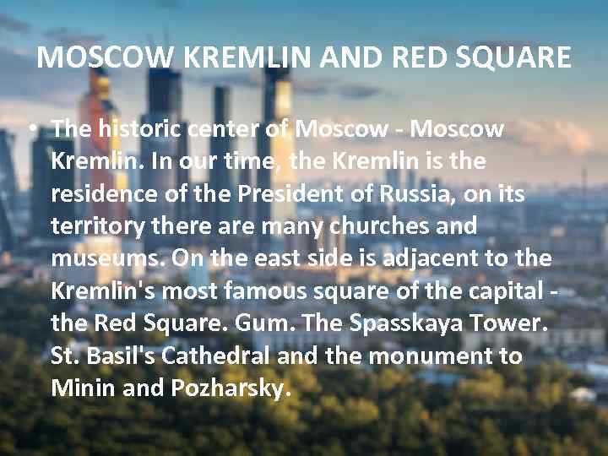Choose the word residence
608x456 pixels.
tap(99, 194)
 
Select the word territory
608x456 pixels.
tap(93, 226)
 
